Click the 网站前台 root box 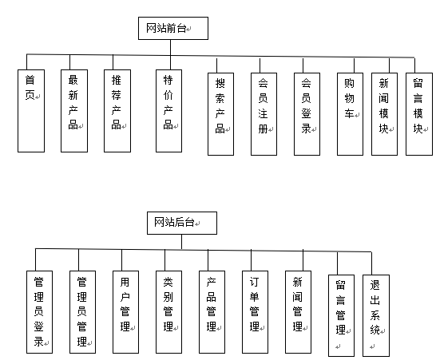coord(173,28)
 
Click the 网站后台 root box coord(182,223)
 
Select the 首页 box coord(31,111)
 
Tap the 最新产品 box coord(74,111)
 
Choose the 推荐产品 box coord(117,111)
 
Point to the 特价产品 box coord(168,111)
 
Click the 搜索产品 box coord(220,114)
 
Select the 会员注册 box coord(264,114)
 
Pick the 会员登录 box coord(307,114)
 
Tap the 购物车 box coord(350,114)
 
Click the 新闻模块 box coord(384,114)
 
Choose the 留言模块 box coord(419,114)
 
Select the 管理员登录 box coord(39,312)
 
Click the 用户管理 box coord(125,312)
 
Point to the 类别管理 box coord(168,312)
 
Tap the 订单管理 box coord(255,312)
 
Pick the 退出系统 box coord(376,315)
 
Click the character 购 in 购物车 coord(349,83)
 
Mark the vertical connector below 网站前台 coord(170,54)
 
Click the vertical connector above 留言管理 coord(337,263)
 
